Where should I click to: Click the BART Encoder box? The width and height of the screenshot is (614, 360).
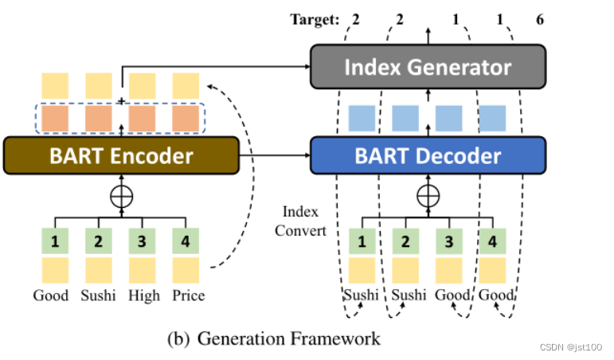click(x=121, y=154)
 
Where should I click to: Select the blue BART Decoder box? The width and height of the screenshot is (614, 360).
click(x=428, y=154)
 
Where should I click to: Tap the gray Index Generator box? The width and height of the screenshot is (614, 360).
click(x=428, y=67)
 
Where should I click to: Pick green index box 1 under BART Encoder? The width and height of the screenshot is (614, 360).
click(x=55, y=241)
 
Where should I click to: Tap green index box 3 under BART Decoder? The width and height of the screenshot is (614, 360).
click(x=449, y=241)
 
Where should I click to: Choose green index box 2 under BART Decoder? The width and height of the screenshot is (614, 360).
click(x=406, y=241)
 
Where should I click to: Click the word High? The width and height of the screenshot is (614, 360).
click(x=143, y=295)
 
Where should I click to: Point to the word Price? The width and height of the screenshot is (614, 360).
click(x=188, y=295)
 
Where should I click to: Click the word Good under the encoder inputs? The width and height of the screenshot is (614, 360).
click(x=51, y=295)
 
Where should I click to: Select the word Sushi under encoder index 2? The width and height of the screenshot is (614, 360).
click(x=98, y=295)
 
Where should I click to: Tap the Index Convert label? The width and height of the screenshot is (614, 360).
click(x=300, y=221)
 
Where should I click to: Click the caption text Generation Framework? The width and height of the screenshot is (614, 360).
click(x=288, y=338)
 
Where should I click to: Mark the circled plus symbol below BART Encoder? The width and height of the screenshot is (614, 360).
click(x=121, y=194)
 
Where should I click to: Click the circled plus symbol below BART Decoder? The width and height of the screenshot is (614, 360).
click(x=428, y=194)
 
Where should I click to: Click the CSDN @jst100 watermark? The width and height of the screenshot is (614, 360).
click(x=569, y=347)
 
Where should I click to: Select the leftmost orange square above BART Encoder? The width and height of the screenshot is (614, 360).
click(x=55, y=119)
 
